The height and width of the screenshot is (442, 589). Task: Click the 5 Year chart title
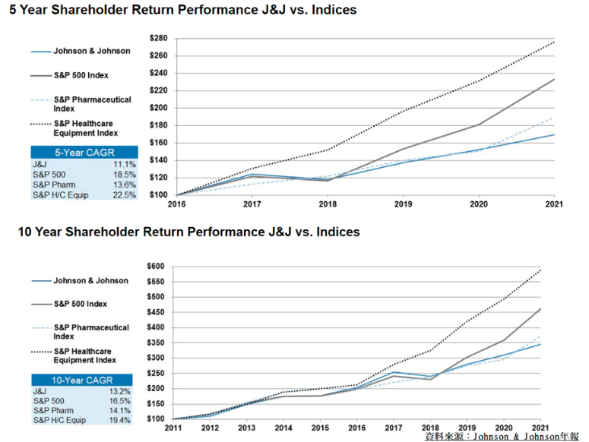click(x=183, y=10)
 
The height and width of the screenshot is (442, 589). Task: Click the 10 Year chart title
click(x=189, y=232)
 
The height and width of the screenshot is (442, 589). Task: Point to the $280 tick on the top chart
click(x=159, y=38)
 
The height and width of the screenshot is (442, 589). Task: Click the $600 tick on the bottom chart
click(x=156, y=267)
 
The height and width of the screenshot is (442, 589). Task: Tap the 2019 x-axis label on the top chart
click(x=403, y=204)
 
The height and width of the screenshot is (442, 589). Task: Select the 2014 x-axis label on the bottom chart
click(x=283, y=428)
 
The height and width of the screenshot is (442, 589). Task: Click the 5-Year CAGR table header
click(x=84, y=153)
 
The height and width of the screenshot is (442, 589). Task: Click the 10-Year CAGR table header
click(x=82, y=380)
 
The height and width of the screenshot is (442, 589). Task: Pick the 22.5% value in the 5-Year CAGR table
click(x=125, y=195)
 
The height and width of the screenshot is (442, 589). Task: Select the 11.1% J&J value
click(x=125, y=164)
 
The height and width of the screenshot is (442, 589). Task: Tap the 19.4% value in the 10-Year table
click(x=120, y=420)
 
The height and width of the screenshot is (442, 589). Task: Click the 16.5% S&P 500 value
click(x=120, y=401)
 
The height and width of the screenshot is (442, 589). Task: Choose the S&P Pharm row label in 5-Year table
click(x=54, y=185)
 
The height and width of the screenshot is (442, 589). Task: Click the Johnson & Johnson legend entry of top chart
click(x=81, y=51)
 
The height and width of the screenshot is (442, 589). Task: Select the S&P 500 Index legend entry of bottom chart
click(x=69, y=304)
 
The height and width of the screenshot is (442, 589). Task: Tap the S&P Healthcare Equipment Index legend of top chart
click(x=74, y=128)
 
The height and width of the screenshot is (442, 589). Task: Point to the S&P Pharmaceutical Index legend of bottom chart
click(x=81, y=332)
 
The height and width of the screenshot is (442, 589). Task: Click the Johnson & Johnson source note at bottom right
click(x=502, y=437)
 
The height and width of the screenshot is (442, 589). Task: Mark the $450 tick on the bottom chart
click(x=156, y=312)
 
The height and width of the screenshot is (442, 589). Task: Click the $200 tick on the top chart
click(x=159, y=108)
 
